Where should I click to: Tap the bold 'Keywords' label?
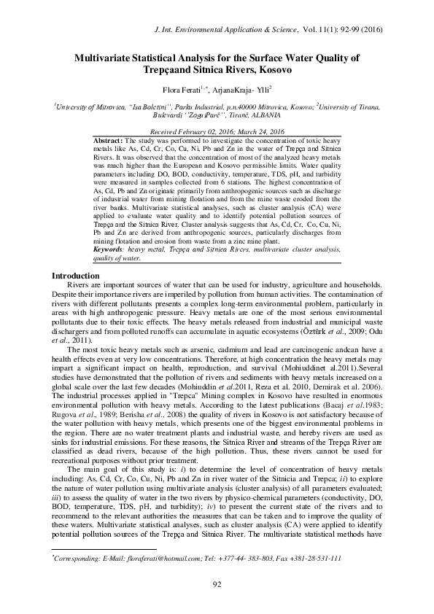(x=112, y=249)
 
